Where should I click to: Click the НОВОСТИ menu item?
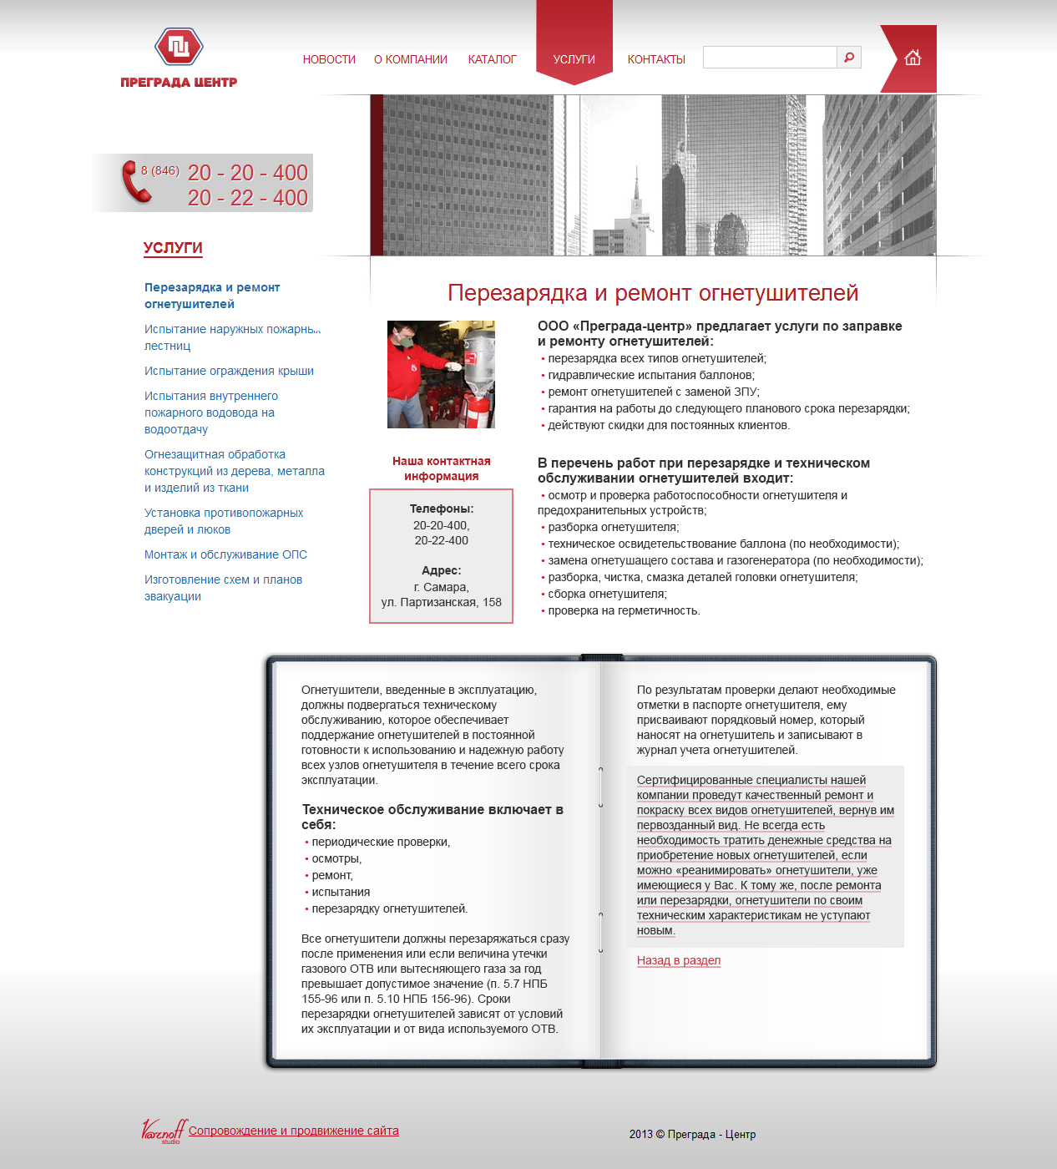click(x=329, y=59)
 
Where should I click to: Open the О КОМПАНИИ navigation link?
click(x=411, y=59)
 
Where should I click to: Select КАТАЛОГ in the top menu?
click(x=492, y=59)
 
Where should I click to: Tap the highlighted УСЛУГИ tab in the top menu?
click(x=574, y=59)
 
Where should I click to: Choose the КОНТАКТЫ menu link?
click(x=656, y=59)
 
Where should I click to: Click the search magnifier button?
click(x=849, y=57)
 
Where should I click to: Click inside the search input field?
click(x=770, y=57)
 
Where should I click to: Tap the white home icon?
click(x=913, y=58)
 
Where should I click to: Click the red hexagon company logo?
click(x=179, y=47)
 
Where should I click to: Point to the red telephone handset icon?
click(x=135, y=181)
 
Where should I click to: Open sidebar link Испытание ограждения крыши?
click(x=229, y=371)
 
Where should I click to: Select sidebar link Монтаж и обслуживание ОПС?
click(x=225, y=554)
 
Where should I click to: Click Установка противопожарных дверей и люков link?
click(x=224, y=521)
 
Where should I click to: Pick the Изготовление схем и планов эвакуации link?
click(x=223, y=588)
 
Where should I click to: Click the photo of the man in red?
click(x=441, y=374)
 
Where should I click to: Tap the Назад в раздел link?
click(x=679, y=960)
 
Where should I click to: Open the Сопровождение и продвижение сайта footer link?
click(x=294, y=1131)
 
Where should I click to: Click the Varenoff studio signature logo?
click(x=163, y=1131)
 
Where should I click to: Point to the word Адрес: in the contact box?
click(x=442, y=570)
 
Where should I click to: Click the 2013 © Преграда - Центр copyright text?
click(x=692, y=1134)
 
